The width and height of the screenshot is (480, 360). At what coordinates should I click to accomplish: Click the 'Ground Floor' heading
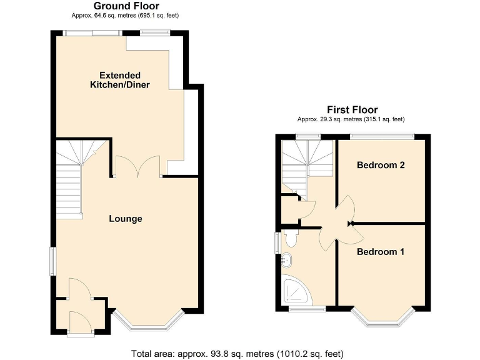(x=126, y=6)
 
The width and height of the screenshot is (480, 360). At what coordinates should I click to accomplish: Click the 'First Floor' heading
(x=352, y=110)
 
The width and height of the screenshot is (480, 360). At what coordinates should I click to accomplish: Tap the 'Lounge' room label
(x=126, y=219)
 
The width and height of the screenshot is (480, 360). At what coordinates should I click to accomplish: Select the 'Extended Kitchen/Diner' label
(x=120, y=80)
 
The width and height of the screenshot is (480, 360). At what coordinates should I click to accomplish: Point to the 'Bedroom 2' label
(x=381, y=166)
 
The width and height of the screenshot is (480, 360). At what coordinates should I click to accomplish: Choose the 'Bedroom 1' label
(x=381, y=252)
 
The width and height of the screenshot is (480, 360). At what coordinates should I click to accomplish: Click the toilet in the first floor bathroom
(x=290, y=237)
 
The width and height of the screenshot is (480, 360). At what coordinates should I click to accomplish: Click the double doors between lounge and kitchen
(x=138, y=166)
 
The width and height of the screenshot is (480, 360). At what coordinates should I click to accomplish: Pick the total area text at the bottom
(x=240, y=353)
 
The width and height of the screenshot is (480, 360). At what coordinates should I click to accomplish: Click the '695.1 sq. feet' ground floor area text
(x=164, y=15)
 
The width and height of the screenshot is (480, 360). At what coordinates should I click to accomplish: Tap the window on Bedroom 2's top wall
(x=381, y=136)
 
